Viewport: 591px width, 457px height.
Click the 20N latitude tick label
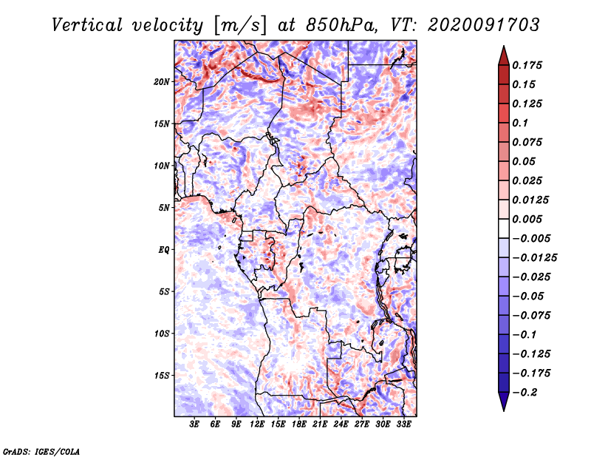tap(162, 81)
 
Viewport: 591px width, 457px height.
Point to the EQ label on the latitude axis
tap(164, 250)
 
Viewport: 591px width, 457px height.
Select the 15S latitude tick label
tap(162, 376)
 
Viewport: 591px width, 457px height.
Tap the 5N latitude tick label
tap(164, 208)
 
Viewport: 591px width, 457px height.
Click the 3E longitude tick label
tap(195, 425)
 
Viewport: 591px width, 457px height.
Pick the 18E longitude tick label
tap(299, 425)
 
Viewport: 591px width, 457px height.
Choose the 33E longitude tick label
tap(403, 425)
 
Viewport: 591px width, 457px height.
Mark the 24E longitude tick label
tap(341, 425)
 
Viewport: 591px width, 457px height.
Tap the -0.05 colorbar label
tap(529, 296)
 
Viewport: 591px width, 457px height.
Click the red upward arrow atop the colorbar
tap(503, 54)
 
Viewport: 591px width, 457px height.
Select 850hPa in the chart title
tap(339, 25)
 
